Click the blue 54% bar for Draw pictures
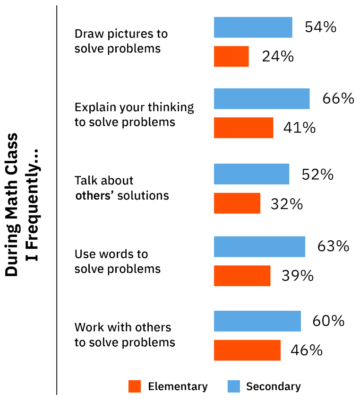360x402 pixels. (x=253, y=27)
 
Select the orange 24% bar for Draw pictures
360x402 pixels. (x=231, y=56)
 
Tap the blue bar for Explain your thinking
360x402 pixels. (x=261, y=99)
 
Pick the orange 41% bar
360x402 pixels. (x=243, y=128)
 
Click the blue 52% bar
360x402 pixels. (x=251, y=174)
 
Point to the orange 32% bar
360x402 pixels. (x=237, y=203)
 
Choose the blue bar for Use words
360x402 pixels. (x=259, y=246)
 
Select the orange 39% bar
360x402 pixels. (x=242, y=276)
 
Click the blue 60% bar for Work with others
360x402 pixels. (x=257, y=321)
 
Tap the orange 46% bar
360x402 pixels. (x=247, y=350)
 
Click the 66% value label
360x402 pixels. (x=338, y=98)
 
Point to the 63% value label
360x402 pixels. (x=333, y=246)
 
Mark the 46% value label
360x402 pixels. (x=307, y=350)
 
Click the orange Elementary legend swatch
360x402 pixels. (x=135, y=386)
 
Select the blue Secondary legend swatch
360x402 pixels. (x=234, y=386)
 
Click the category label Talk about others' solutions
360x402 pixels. (x=121, y=188)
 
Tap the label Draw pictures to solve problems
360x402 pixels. (x=121, y=41)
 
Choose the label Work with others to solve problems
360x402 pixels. (x=124, y=334)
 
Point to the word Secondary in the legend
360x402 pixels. (x=273, y=386)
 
